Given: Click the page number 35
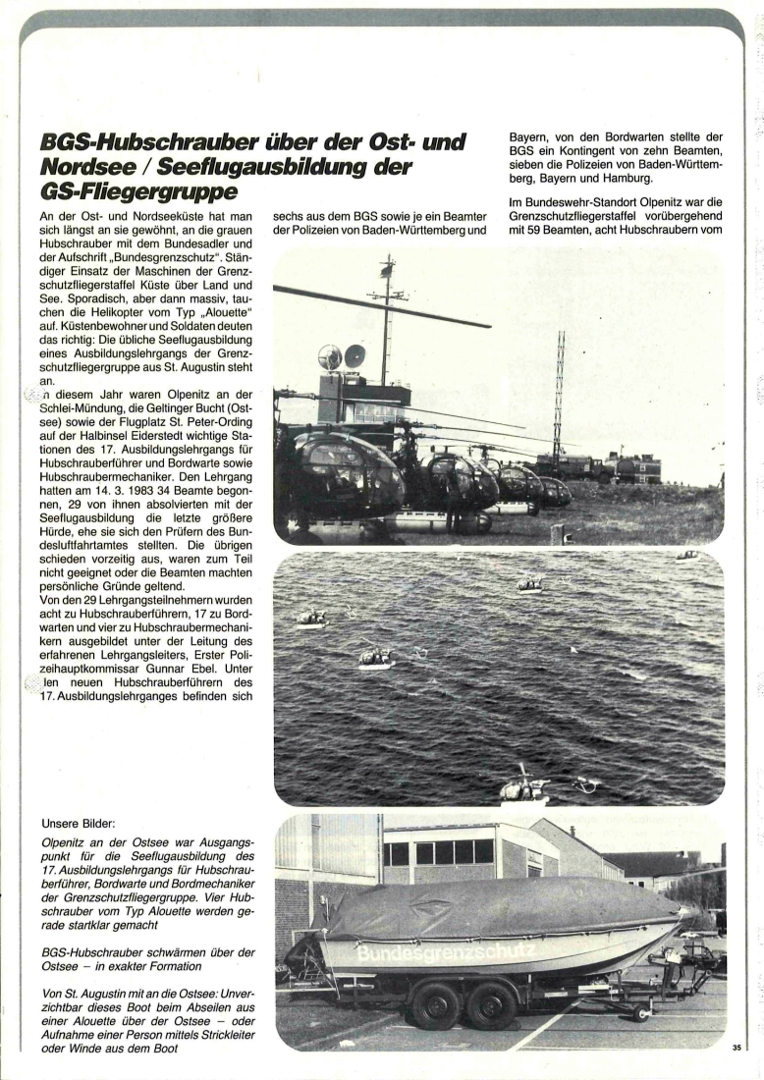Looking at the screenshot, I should (x=737, y=1049).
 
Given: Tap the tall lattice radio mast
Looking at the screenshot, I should (x=558, y=393).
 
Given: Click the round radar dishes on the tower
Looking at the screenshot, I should (x=342, y=355).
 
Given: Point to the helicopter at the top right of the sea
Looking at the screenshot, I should (x=686, y=557).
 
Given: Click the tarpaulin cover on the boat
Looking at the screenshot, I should (x=491, y=908).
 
